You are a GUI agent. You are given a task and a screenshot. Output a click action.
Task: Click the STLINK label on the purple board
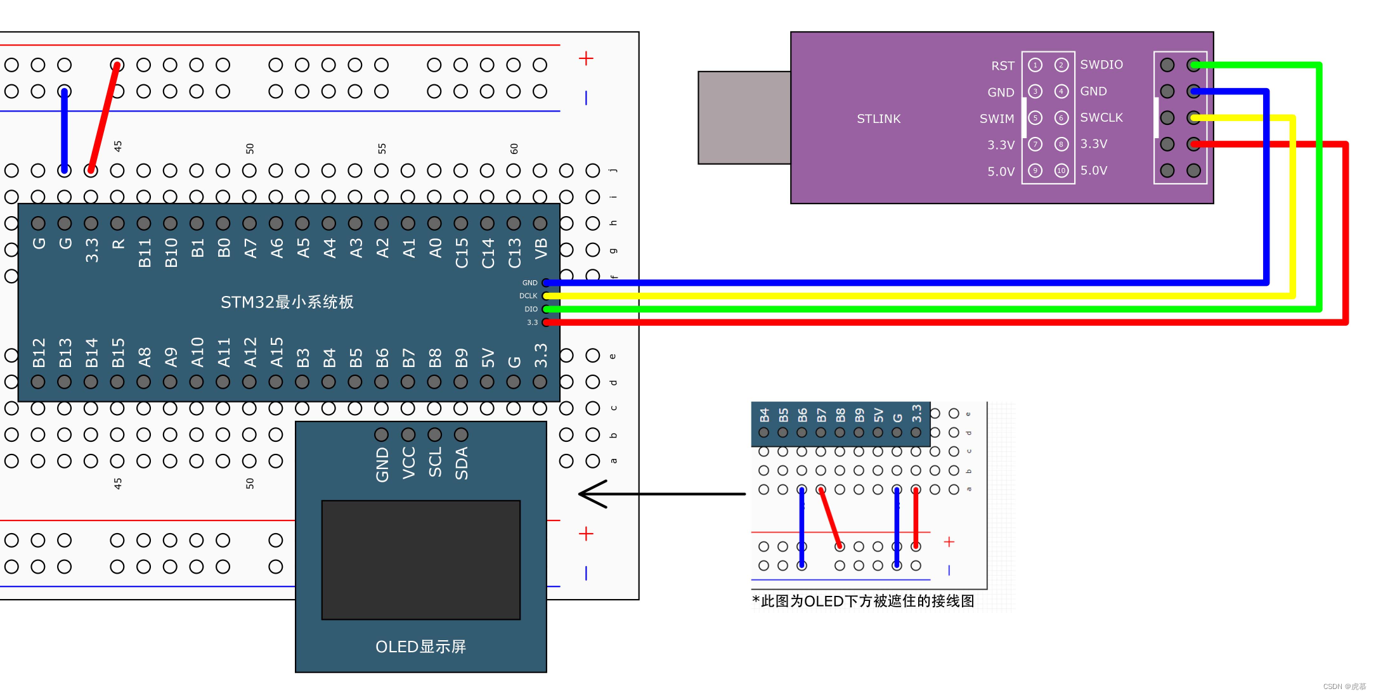click(878, 119)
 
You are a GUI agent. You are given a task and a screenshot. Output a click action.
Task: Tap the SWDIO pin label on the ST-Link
click(1101, 65)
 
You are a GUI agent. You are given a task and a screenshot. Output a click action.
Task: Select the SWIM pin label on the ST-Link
click(996, 119)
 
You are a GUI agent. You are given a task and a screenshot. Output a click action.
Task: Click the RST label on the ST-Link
click(1003, 66)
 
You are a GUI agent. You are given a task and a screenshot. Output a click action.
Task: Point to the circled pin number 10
click(1061, 171)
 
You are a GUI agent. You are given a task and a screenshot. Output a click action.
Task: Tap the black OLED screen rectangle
click(420, 560)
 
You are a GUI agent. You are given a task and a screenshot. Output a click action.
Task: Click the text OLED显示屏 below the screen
click(420, 647)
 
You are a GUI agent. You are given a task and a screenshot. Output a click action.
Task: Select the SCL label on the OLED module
click(435, 462)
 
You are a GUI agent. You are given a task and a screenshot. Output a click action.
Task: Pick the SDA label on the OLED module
click(462, 463)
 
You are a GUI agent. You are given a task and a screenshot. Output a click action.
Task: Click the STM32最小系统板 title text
click(287, 302)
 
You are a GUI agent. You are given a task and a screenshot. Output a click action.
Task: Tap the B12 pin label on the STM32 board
click(39, 352)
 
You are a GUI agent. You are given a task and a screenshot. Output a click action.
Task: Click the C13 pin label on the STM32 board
click(514, 252)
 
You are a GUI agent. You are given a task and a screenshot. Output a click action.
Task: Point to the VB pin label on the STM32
click(541, 248)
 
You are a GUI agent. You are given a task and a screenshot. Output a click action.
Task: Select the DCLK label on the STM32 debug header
click(528, 296)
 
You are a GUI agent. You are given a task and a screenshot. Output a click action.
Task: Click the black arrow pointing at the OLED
click(659, 494)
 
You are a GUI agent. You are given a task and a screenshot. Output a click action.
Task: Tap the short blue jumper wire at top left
click(64, 130)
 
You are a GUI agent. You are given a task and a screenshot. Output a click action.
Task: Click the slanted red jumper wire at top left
click(104, 117)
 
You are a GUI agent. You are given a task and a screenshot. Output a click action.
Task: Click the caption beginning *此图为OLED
click(862, 601)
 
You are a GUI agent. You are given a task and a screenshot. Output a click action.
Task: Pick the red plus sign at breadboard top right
click(586, 58)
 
